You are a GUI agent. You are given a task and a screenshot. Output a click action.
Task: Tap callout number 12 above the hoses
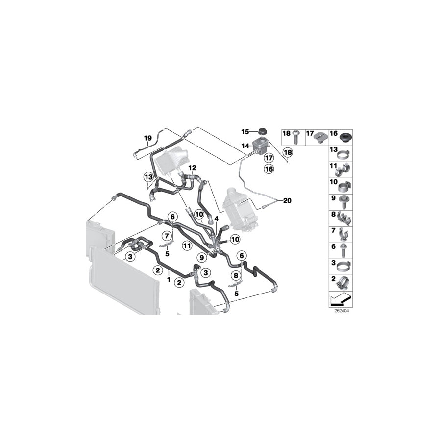tap(192, 168)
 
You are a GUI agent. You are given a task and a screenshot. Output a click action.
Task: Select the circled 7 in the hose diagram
tap(167, 237)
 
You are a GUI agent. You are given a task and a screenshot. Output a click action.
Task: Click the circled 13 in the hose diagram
tap(148, 176)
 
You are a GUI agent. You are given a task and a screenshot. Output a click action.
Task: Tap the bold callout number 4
tap(216, 219)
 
